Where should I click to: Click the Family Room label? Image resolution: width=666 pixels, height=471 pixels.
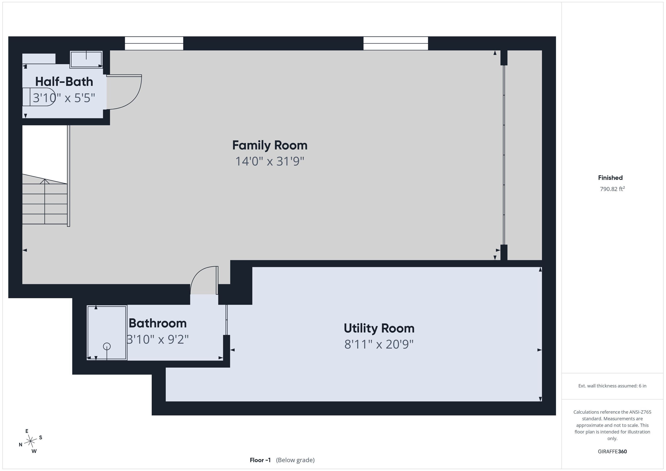(270, 145)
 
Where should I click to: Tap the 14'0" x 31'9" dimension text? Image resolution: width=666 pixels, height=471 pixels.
(270, 161)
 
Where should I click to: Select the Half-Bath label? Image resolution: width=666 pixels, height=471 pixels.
(64, 82)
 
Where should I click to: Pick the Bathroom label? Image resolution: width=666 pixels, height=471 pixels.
(158, 323)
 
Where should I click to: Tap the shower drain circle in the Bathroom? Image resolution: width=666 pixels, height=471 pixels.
(107, 346)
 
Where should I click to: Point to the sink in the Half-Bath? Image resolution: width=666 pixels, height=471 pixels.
(86, 59)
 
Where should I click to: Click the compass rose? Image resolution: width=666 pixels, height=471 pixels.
(30, 441)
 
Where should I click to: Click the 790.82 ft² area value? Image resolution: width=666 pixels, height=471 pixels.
(612, 189)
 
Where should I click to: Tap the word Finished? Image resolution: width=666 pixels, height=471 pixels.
(610, 178)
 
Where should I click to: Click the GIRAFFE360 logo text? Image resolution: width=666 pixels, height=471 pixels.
(612, 451)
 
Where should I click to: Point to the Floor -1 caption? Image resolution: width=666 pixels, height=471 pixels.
(260, 460)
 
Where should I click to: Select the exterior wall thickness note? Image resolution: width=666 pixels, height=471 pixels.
(612, 386)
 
